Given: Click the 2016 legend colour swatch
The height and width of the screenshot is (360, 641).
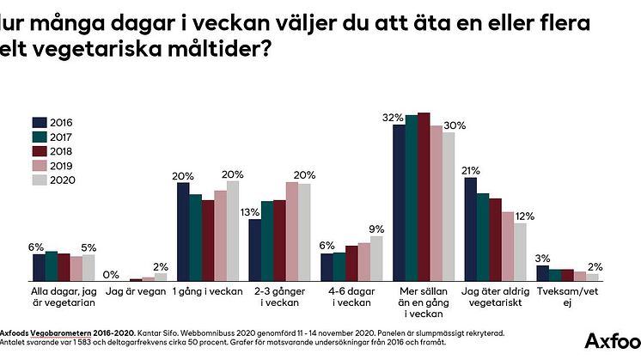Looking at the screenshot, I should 39,121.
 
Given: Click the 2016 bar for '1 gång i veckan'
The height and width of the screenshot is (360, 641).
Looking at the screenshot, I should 183,232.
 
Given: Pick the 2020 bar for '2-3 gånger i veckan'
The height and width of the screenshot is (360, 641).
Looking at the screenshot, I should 303,232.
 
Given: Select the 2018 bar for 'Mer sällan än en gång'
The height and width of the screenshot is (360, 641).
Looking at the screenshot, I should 423,197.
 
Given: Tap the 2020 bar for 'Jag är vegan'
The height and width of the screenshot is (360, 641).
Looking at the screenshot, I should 160,277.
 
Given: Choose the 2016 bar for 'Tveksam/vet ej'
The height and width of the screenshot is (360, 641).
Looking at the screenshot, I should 542,272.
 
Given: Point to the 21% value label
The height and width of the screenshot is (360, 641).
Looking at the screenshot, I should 470,170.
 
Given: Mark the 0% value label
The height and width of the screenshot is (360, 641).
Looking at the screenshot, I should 110,274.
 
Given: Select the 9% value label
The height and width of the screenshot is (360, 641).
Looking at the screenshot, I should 376,228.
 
